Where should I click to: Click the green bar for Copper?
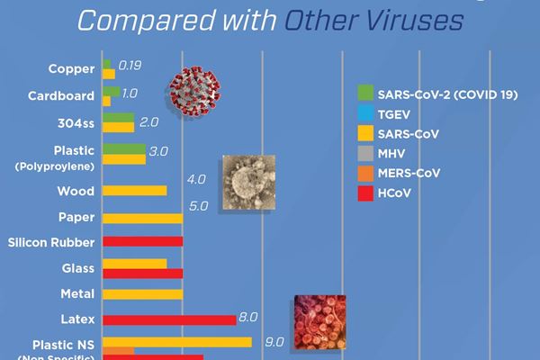click(x=107, y=64)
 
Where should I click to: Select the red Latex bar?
click(x=169, y=319)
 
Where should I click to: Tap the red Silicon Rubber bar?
click(x=143, y=241)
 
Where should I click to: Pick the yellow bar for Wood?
click(x=135, y=191)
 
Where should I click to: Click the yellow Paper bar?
click(x=143, y=218)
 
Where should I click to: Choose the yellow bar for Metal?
click(x=143, y=293)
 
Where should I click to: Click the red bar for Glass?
click(x=143, y=273)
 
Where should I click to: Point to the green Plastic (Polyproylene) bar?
click(x=124, y=148)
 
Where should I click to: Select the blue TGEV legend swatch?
click(x=364, y=114)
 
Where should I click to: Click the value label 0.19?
click(x=130, y=66)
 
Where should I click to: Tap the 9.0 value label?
click(x=274, y=341)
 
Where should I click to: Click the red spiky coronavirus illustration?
click(x=197, y=93)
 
